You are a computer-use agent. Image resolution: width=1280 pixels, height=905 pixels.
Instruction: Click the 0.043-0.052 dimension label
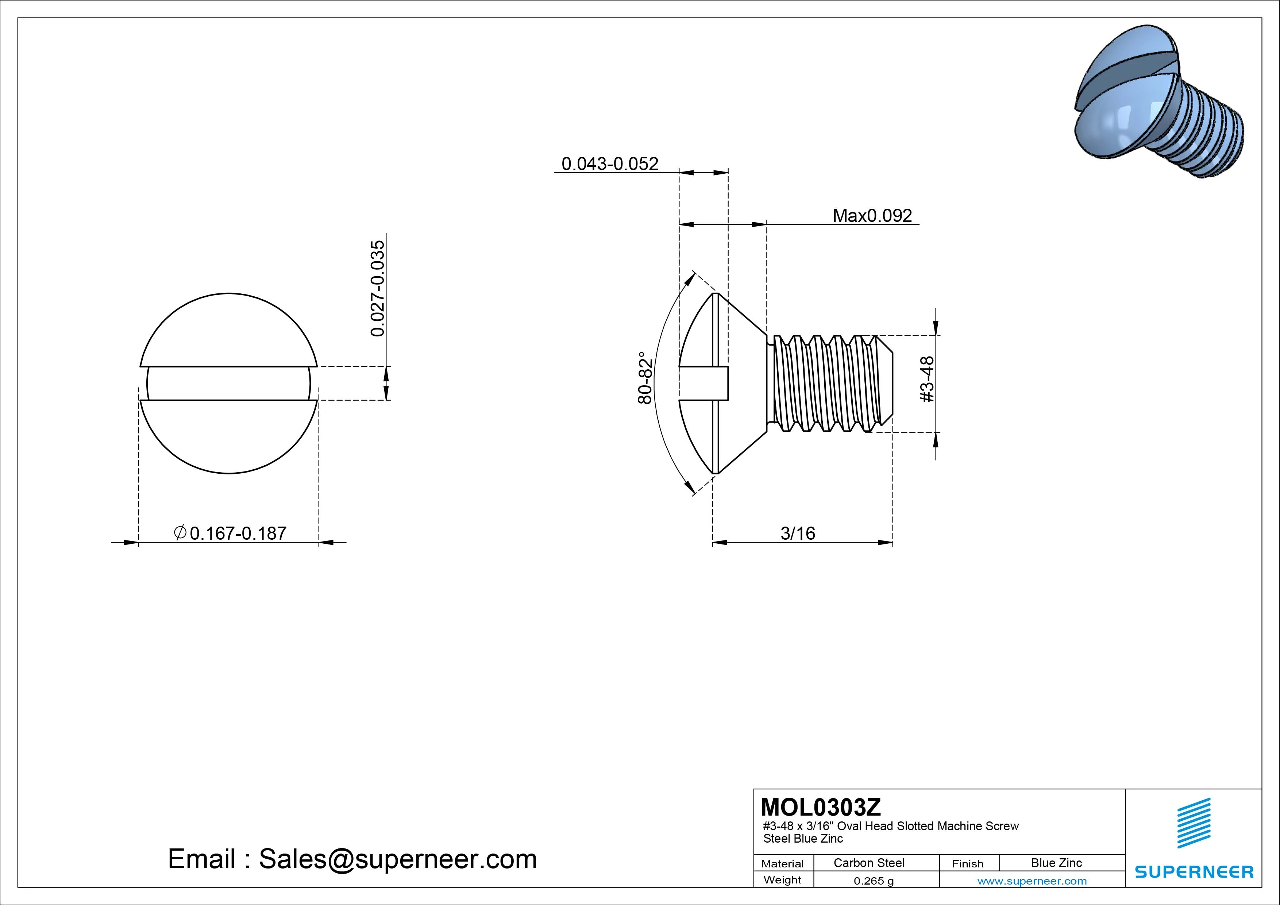(609, 163)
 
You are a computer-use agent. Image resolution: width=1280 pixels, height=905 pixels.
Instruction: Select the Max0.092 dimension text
(872, 215)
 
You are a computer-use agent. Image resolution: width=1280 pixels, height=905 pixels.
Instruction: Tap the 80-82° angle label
(645, 377)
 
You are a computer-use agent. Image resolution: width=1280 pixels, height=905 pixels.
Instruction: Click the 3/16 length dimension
(798, 533)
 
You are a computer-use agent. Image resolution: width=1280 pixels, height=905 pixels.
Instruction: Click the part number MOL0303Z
(821, 806)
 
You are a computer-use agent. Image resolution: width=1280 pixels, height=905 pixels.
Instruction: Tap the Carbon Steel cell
(868, 863)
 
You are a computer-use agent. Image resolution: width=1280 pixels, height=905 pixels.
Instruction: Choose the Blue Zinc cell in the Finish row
(1056, 863)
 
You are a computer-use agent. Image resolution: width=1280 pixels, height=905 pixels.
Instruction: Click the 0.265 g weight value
(874, 881)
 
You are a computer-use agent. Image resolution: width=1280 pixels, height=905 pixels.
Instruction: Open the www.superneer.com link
(1032, 881)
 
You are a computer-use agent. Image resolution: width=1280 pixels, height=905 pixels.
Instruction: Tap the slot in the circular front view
(228, 384)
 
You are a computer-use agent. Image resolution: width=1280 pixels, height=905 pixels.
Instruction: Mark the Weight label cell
(782, 880)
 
